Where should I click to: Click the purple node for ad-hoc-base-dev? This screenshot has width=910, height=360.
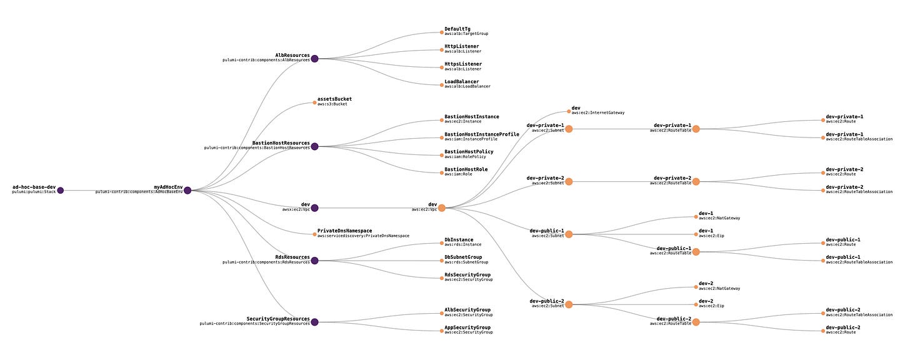point(60,191)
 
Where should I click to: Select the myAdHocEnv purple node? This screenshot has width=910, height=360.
point(187,191)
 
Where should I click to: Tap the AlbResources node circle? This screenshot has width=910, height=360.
point(314,59)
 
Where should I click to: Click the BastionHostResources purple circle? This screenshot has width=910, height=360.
point(314,147)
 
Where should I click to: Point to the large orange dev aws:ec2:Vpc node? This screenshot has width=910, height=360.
point(441,207)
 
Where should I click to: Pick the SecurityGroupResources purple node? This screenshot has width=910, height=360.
point(314,322)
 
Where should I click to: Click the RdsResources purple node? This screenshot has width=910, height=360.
point(314,261)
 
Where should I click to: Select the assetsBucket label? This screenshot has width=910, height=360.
point(338,99)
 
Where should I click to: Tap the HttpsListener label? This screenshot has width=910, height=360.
point(462,64)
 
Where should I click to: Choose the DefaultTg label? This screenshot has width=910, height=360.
point(458,29)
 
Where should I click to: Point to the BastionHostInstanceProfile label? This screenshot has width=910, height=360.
point(481,134)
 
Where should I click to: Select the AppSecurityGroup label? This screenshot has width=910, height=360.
point(467,327)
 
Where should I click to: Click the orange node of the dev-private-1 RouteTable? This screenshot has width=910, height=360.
point(696,129)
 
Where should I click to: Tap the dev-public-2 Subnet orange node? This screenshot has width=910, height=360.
point(569,304)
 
